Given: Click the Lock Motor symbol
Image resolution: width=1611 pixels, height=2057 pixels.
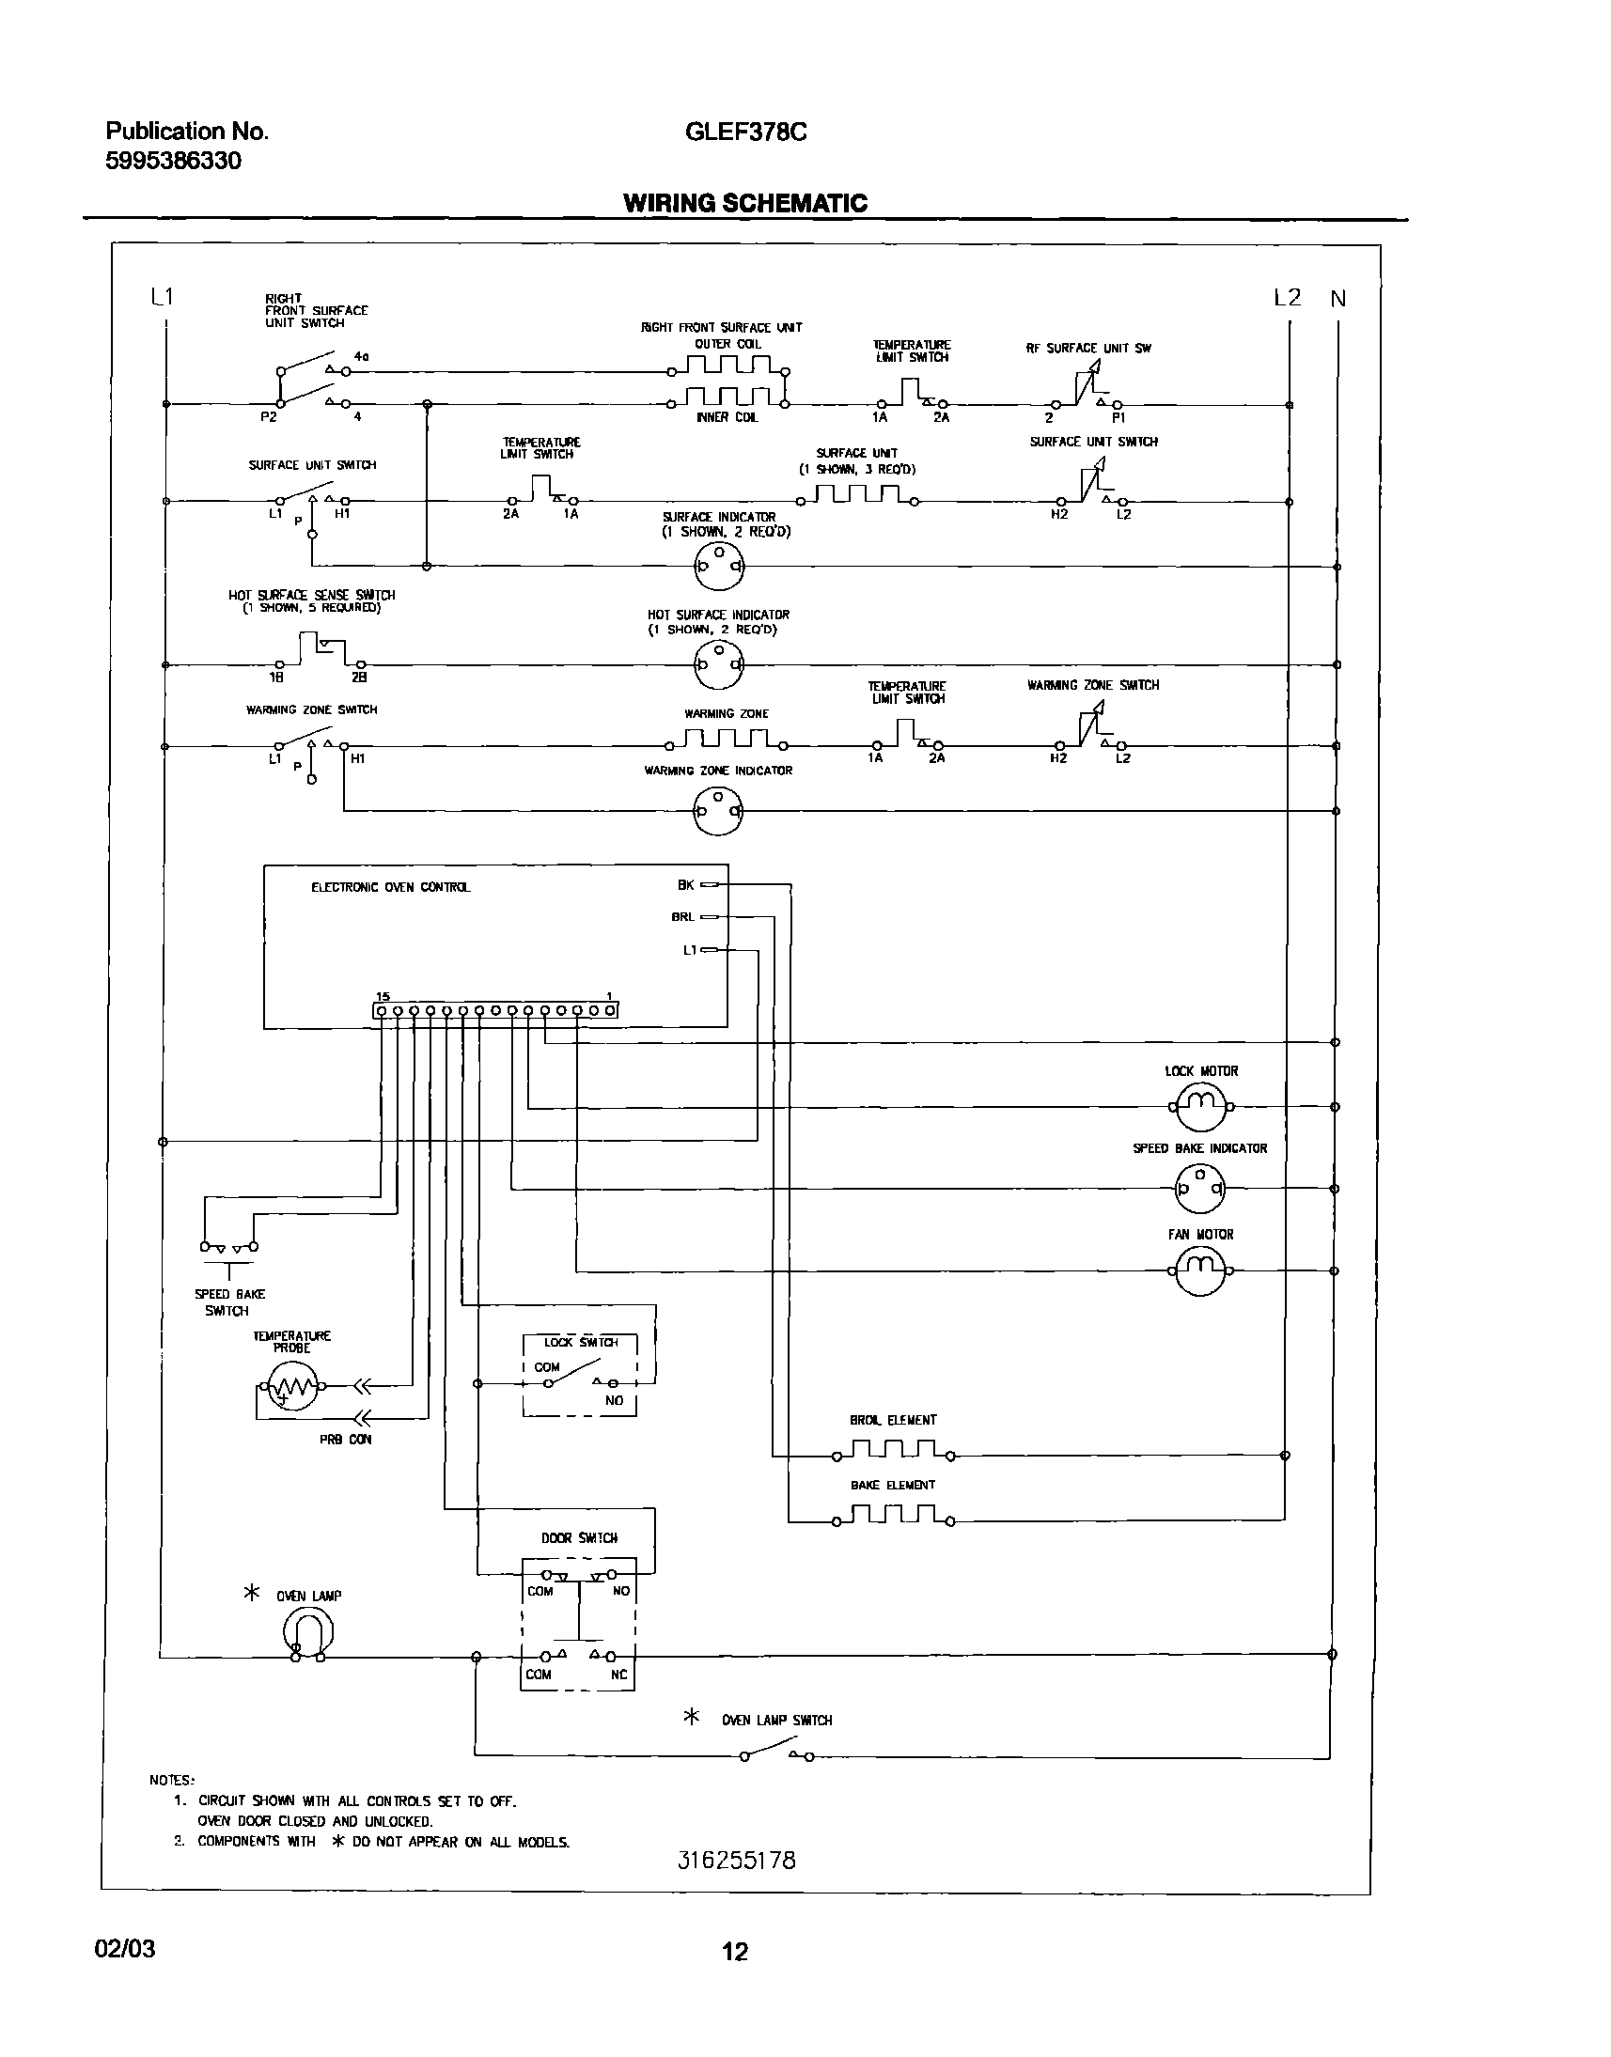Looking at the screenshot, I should (x=1200, y=1106).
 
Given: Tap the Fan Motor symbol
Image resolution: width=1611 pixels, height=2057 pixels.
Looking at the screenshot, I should (x=1200, y=1270).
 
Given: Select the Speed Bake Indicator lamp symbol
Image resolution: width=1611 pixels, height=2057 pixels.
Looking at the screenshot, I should (x=1199, y=1189).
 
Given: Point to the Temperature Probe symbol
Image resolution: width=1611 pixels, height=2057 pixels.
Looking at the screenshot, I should (x=290, y=1386).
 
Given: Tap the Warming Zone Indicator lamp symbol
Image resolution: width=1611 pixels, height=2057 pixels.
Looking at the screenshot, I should (x=718, y=810).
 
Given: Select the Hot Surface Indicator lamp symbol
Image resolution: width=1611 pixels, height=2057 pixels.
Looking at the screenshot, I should (x=718, y=664).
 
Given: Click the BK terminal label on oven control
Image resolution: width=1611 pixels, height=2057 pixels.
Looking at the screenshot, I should (x=686, y=884).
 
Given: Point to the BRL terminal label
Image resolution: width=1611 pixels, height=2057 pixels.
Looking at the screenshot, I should (x=682, y=917).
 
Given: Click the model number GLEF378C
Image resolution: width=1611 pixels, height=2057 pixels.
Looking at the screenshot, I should (x=745, y=132).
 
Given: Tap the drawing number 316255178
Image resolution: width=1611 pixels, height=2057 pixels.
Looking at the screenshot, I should (x=737, y=1861).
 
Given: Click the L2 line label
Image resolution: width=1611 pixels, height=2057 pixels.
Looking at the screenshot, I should (x=1287, y=298).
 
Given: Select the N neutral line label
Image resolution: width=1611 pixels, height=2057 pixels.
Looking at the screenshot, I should (x=1337, y=299).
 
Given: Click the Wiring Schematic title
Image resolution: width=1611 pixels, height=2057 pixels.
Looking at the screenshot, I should (x=745, y=203).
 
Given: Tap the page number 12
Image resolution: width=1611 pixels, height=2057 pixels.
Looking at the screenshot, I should (x=735, y=1952).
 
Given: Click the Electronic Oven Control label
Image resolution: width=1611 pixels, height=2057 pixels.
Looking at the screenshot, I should (x=390, y=887).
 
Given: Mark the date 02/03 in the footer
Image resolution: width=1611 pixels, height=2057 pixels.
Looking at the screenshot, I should (x=124, y=1949).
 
